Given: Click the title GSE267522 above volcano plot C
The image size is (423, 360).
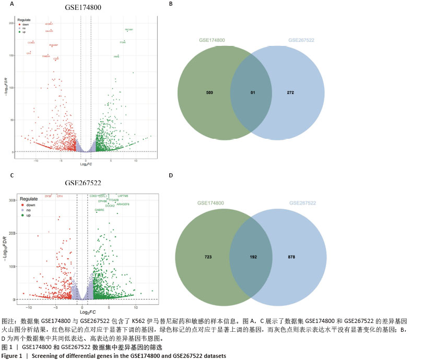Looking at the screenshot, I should coord(83,183).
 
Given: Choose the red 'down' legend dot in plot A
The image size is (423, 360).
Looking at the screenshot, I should coord(19,24).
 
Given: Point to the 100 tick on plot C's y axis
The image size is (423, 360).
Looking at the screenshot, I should coord(11,267).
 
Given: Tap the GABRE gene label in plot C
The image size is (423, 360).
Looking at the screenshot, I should coord(99,210).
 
